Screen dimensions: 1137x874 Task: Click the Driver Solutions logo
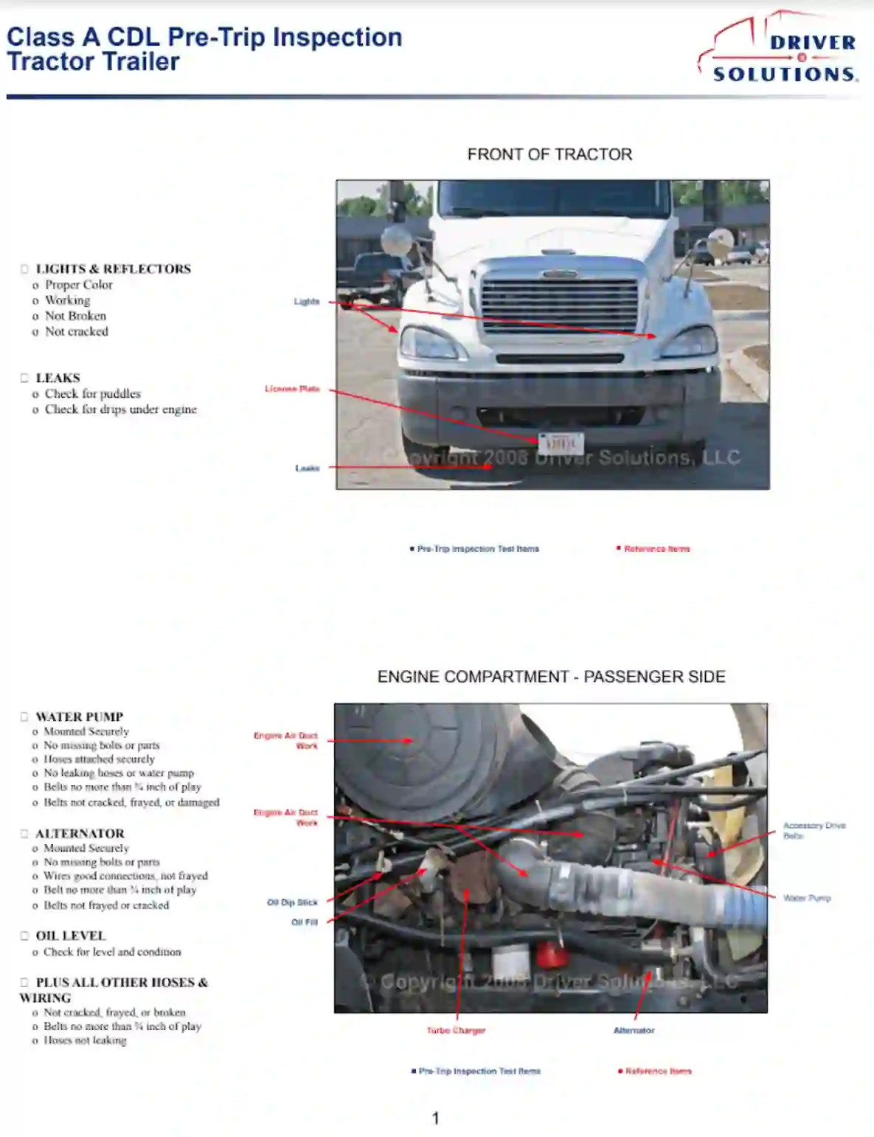(780, 49)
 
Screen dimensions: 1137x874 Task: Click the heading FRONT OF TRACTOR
(549, 154)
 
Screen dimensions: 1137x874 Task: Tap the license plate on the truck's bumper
(561, 443)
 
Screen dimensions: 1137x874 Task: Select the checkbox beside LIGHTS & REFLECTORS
(24, 269)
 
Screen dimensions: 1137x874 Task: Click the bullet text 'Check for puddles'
(92, 394)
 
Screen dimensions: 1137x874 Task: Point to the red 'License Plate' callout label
(292, 389)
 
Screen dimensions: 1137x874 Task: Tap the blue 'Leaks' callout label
(307, 468)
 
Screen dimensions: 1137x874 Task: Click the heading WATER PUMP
(79, 716)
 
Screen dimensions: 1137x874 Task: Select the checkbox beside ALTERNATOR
(24, 834)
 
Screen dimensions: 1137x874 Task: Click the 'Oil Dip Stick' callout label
(292, 902)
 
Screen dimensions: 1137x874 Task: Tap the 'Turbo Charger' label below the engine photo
(456, 1031)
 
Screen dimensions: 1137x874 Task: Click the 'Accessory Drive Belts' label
(814, 831)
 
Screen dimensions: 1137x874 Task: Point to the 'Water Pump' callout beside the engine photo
(807, 898)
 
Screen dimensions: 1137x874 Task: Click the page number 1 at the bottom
(435, 1119)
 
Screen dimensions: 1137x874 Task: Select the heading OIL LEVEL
(71, 936)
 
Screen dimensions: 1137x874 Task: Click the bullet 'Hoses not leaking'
(85, 1040)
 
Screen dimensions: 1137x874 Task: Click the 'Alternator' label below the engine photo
(634, 1031)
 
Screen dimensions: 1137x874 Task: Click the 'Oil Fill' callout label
(304, 922)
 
